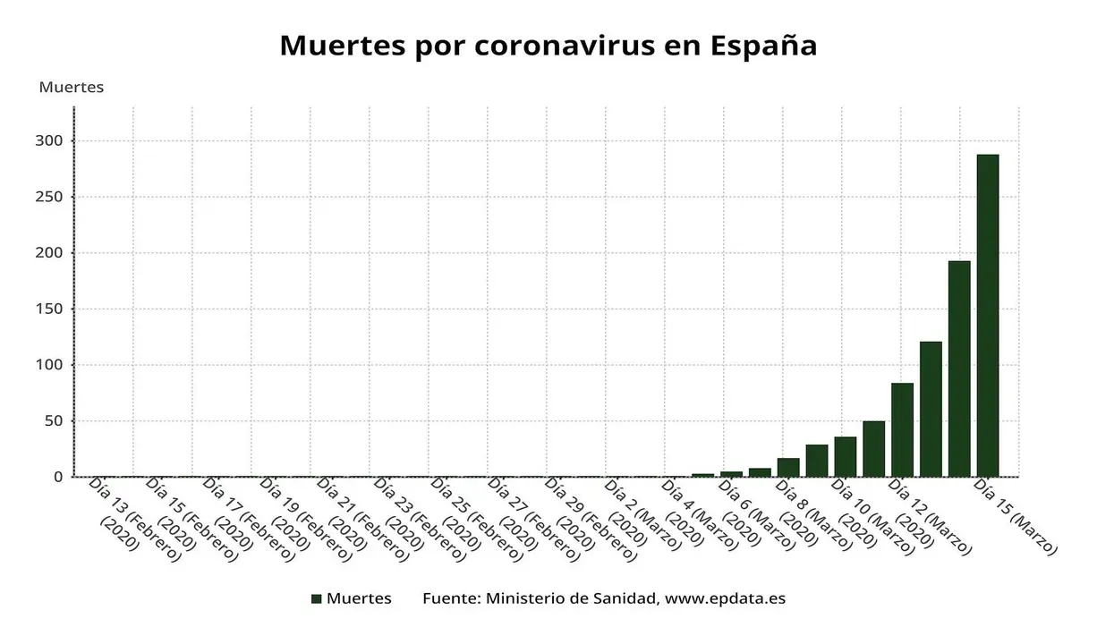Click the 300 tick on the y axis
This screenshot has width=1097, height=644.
click(50, 141)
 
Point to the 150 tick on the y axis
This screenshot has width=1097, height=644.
click(50, 309)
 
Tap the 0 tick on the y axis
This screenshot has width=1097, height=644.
click(57, 477)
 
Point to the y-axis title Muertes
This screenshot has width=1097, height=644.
click(72, 88)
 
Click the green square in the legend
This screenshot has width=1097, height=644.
click(316, 599)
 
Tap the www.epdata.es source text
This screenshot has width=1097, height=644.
click(726, 599)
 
